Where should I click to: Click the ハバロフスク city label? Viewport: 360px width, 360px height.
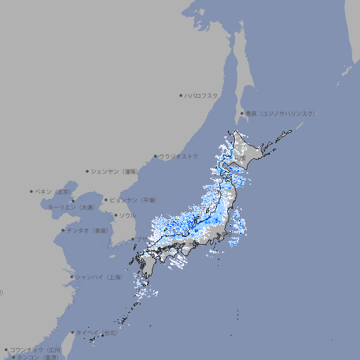tap(202, 95)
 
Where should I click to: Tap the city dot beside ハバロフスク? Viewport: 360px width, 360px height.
tap(181, 95)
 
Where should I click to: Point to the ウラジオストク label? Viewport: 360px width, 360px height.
tap(179, 156)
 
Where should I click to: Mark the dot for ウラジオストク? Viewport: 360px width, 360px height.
tap(155, 156)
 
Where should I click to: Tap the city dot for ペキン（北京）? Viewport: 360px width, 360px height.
tap(32, 191)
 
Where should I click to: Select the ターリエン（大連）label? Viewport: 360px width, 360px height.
tap(70, 207)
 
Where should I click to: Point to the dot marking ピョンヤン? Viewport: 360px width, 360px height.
tap(106, 200)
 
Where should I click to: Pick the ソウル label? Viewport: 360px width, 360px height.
tap(127, 215)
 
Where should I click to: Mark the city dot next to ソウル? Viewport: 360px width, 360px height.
tap(115, 215)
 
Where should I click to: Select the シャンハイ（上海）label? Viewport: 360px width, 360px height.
tap(98, 277)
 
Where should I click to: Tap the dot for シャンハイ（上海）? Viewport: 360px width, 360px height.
tap(72, 277)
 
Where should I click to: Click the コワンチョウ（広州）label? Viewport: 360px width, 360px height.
tap(36, 349)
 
